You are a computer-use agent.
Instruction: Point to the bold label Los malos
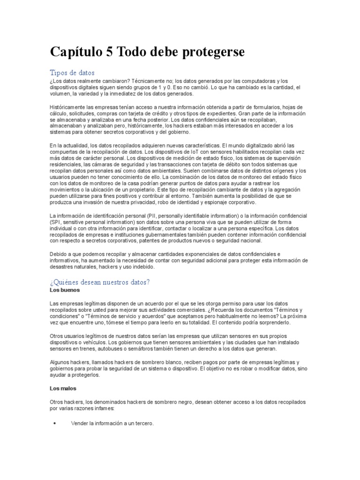point(63,389)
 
